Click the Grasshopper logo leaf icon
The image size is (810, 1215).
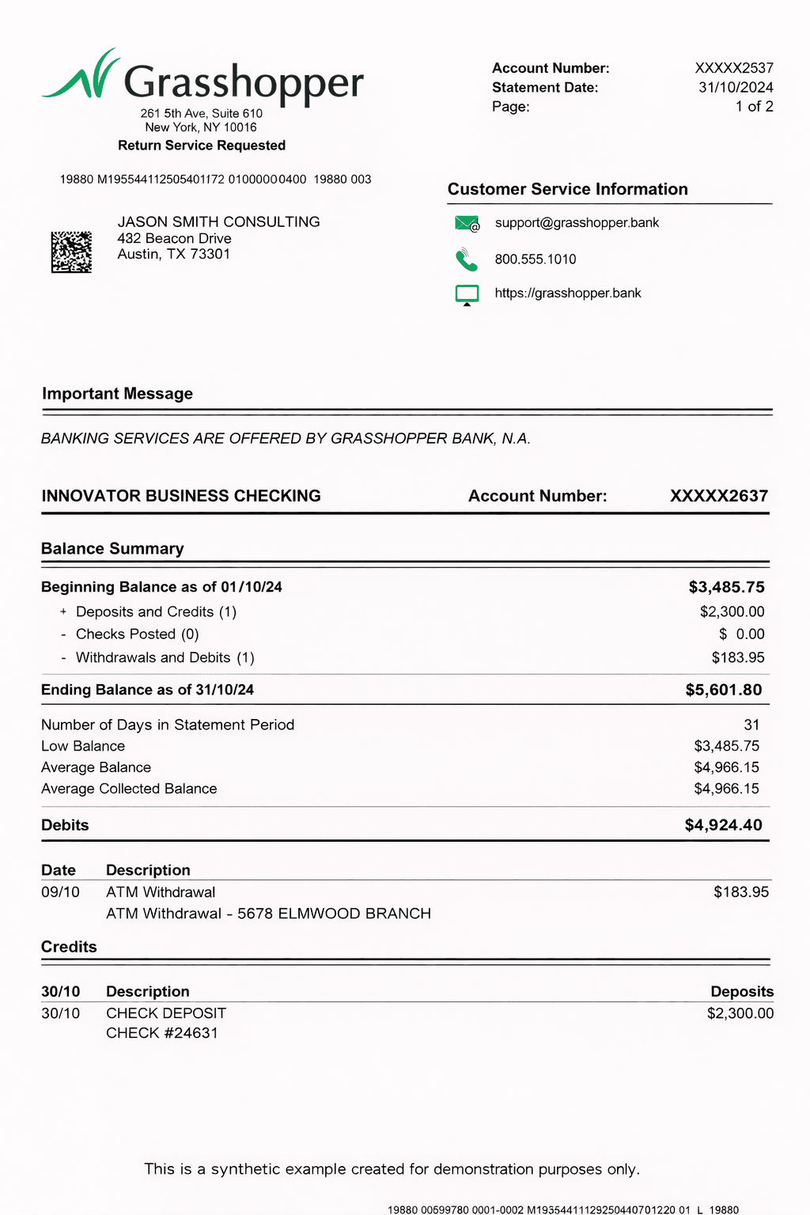tap(81, 76)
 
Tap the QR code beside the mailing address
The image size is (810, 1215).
tap(71, 252)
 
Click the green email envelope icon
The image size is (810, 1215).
tap(467, 224)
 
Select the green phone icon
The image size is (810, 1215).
tap(466, 259)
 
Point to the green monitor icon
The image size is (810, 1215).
tap(467, 294)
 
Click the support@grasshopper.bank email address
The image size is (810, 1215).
tap(577, 223)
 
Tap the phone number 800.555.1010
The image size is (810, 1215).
tap(536, 259)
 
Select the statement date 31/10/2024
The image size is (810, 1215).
tap(736, 88)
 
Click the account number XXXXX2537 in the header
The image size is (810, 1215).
tap(734, 69)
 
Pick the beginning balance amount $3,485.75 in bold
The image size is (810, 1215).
tap(726, 587)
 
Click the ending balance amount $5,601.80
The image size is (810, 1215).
tap(724, 690)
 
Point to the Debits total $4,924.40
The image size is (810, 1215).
tap(723, 825)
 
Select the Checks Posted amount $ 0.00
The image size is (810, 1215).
tap(741, 634)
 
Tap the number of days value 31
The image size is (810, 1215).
tap(751, 725)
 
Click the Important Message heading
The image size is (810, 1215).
tap(117, 394)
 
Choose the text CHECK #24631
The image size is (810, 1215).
tap(162, 1033)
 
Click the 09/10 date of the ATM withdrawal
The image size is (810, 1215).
tap(60, 892)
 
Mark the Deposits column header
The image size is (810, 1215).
tap(742, 992)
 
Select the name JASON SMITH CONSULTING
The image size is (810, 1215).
tap(218, 222)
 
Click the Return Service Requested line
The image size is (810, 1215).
tap(202, 146)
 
